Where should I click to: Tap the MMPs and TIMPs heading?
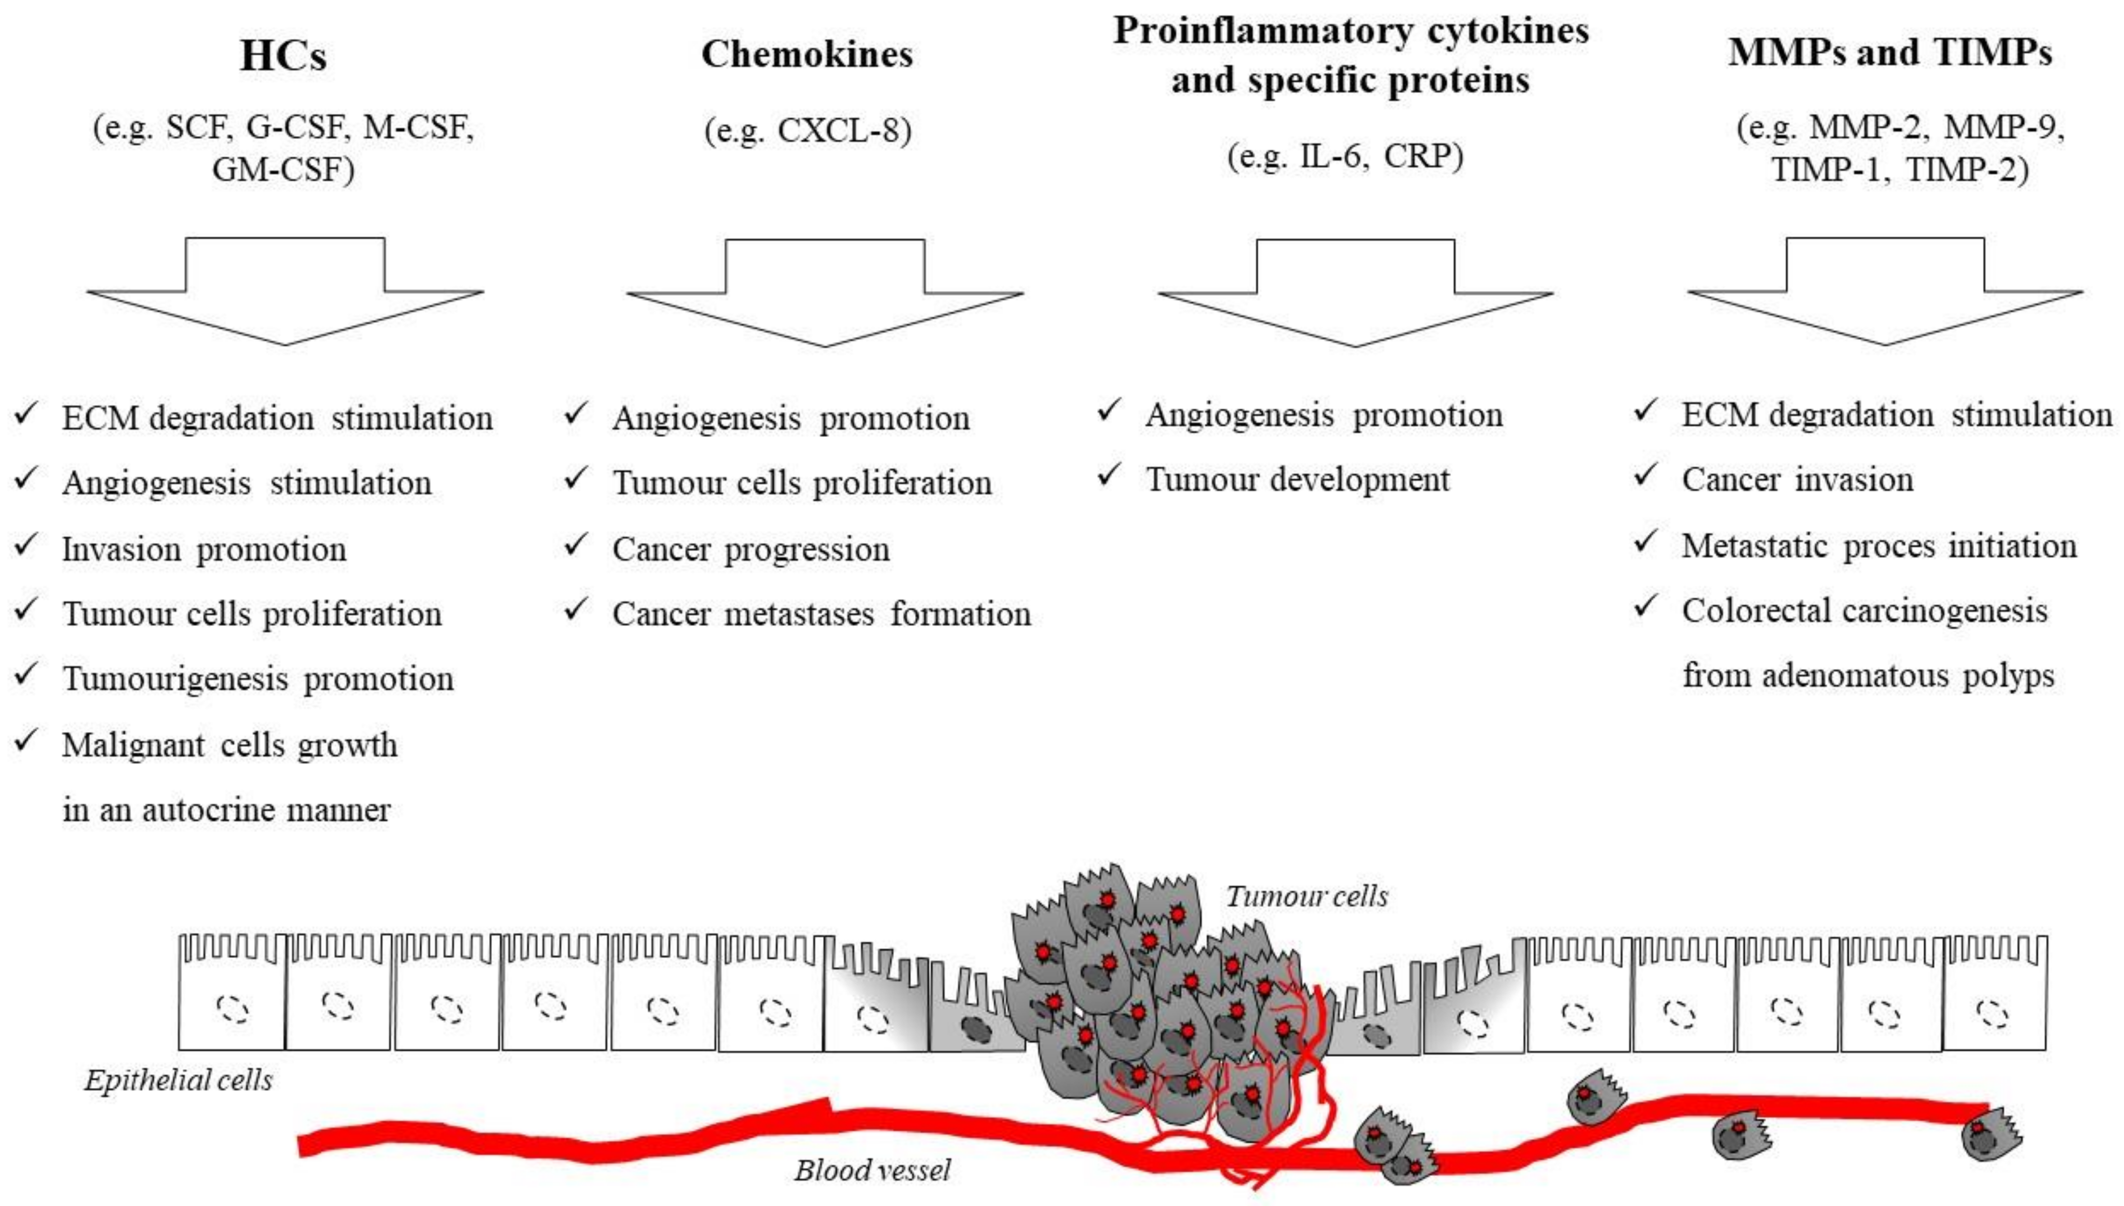[x=1889, y=52]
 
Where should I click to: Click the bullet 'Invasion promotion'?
[x=203, y=549]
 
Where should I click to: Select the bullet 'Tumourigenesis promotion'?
[x=257, y=678]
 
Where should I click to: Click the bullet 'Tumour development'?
[x=1297, y=479]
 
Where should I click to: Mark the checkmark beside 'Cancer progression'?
[x=575, y=546]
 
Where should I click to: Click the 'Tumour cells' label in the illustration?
[x=1306, y=896]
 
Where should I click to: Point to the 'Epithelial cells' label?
[x=178, y=1080]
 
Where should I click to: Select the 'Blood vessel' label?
[x=872, y=1169]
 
